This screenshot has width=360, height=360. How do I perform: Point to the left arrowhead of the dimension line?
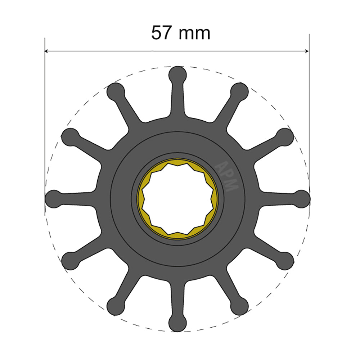47,51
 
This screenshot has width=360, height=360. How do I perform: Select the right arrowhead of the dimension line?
307,51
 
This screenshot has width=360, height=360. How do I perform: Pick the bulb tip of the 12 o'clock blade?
177,75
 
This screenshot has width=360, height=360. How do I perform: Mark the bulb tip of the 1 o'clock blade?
239,91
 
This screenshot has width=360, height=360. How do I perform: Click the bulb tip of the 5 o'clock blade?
239,305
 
